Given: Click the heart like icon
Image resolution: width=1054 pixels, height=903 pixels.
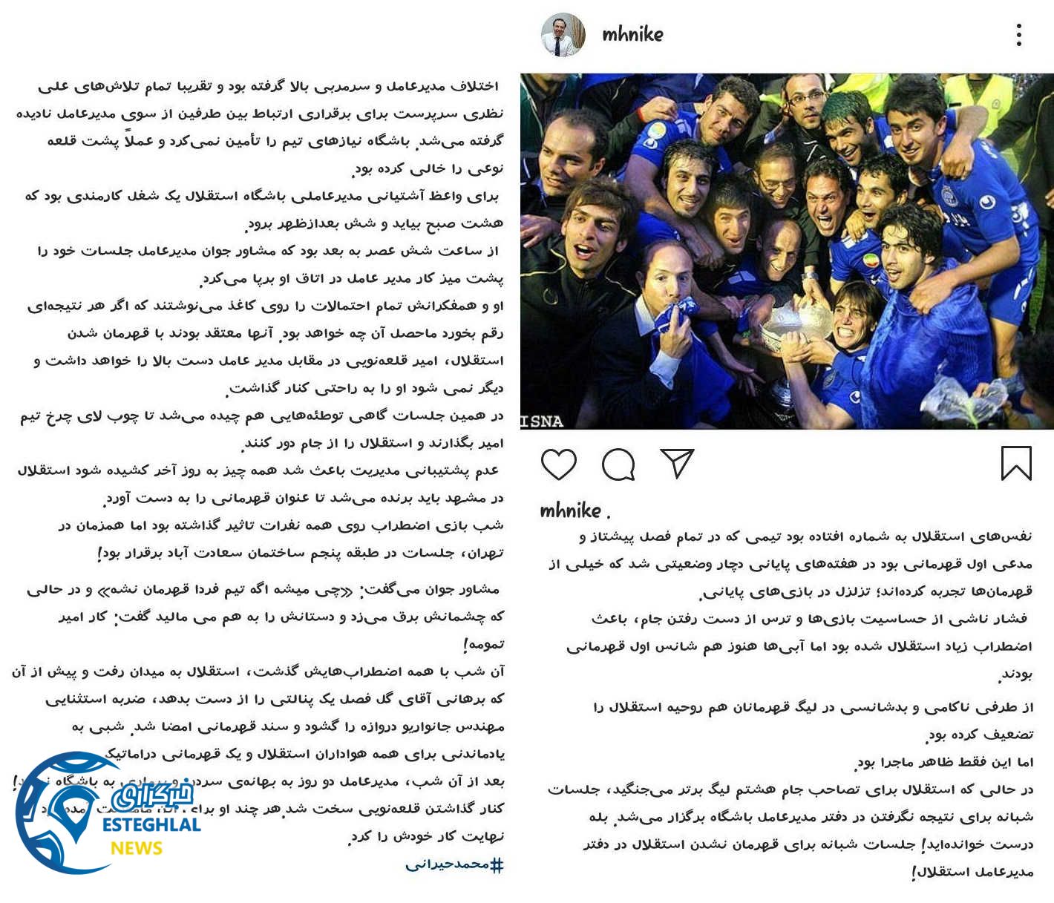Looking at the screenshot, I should [558, 464].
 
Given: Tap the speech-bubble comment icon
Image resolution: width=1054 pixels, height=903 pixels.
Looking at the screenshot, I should [618, 465].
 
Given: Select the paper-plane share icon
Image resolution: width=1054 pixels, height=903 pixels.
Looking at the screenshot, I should [677, 464].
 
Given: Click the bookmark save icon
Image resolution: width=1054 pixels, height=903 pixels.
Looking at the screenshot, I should [1015, 464].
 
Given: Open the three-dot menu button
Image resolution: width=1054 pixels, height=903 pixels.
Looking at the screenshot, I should [1019, 35].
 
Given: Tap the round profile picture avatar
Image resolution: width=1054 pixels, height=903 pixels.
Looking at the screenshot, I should [562, 34].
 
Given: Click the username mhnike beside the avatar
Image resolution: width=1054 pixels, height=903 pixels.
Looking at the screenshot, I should [632, 34].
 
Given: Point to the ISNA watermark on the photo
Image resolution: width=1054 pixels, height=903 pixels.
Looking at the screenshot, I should [542, 421].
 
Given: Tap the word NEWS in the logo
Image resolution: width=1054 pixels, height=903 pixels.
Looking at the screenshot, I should [137, 848].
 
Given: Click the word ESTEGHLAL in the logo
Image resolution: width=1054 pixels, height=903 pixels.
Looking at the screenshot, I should [151, 825].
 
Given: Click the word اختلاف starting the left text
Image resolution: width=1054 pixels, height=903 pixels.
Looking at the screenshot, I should [475, 87].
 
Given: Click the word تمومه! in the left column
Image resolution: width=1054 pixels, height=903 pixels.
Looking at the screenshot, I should [482, 646].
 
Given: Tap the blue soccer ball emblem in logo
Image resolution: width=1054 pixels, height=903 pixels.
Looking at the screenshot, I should [63, 812].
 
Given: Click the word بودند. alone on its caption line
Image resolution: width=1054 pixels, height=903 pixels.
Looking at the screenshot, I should [1015, 674].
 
